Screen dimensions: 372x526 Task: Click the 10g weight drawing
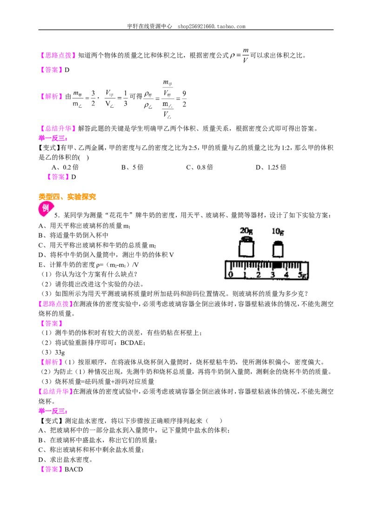[277, 249]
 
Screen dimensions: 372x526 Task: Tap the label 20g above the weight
[246, 231]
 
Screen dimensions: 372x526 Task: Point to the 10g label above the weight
[277, 231]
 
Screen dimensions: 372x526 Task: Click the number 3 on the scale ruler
[272, 275]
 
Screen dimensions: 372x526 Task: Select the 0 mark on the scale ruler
[230, 275]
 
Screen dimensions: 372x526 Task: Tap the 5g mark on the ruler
[302, 275]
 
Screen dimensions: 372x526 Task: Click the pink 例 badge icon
[46, 209]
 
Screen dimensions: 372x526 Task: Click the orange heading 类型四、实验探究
[67, 197]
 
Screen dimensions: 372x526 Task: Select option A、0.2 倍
[65, 167]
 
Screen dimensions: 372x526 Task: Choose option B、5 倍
[132, 167]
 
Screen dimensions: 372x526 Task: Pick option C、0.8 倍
[199, 167]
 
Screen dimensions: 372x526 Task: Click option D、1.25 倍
[271, 167]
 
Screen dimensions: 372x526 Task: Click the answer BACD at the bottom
[73, 469]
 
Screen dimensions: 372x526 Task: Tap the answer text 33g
[60, 352]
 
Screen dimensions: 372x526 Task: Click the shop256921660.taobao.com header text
[212, 26]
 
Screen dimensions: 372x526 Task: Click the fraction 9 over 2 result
[184, 99]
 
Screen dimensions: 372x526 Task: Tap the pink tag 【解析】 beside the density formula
[51, 97]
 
